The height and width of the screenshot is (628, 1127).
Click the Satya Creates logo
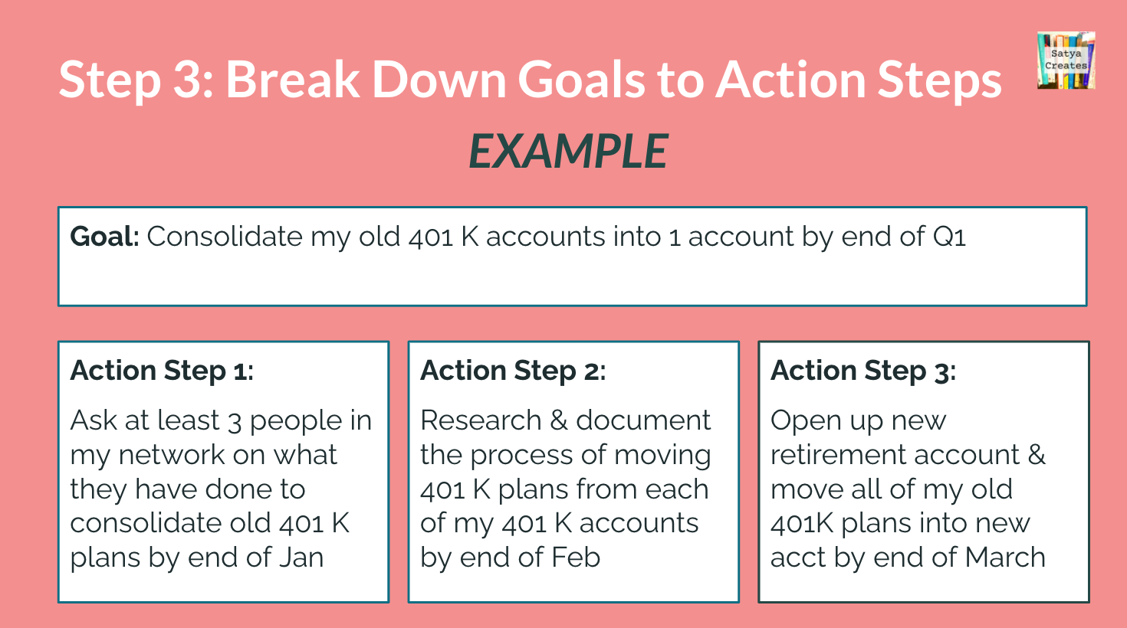click(x=1066, y=61)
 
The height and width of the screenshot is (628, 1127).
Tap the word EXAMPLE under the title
click(x=568, y=151)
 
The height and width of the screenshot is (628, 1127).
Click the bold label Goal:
click(x=104, y=237)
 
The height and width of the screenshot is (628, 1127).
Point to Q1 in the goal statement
click(x=949, y=237)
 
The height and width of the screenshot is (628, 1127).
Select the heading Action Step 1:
click(x=162, y=371)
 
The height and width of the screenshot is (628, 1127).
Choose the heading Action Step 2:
click(x=513, y=371)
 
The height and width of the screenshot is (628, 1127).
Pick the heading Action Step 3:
click(x=863, y=371)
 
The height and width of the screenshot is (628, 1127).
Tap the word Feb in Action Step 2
click(x=575, y=558)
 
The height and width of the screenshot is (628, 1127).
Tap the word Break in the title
click(x=291, y=80)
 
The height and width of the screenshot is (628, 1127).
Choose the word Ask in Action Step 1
click(x=93, y=420)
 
